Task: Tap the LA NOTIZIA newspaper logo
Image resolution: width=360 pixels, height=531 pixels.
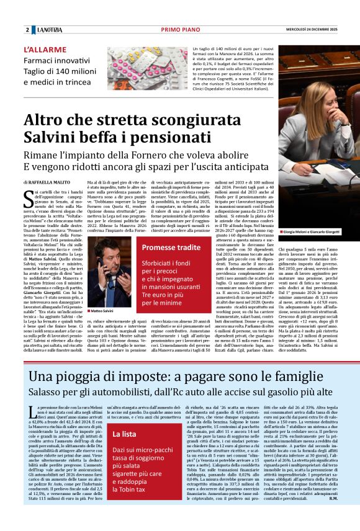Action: pyautogui.click(x=51, y=30)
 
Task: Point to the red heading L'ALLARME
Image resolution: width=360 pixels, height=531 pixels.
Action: pyautogui.click(x=45, y=49)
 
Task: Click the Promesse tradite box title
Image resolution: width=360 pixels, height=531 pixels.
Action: pyautogui.click(x=171, y=248)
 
